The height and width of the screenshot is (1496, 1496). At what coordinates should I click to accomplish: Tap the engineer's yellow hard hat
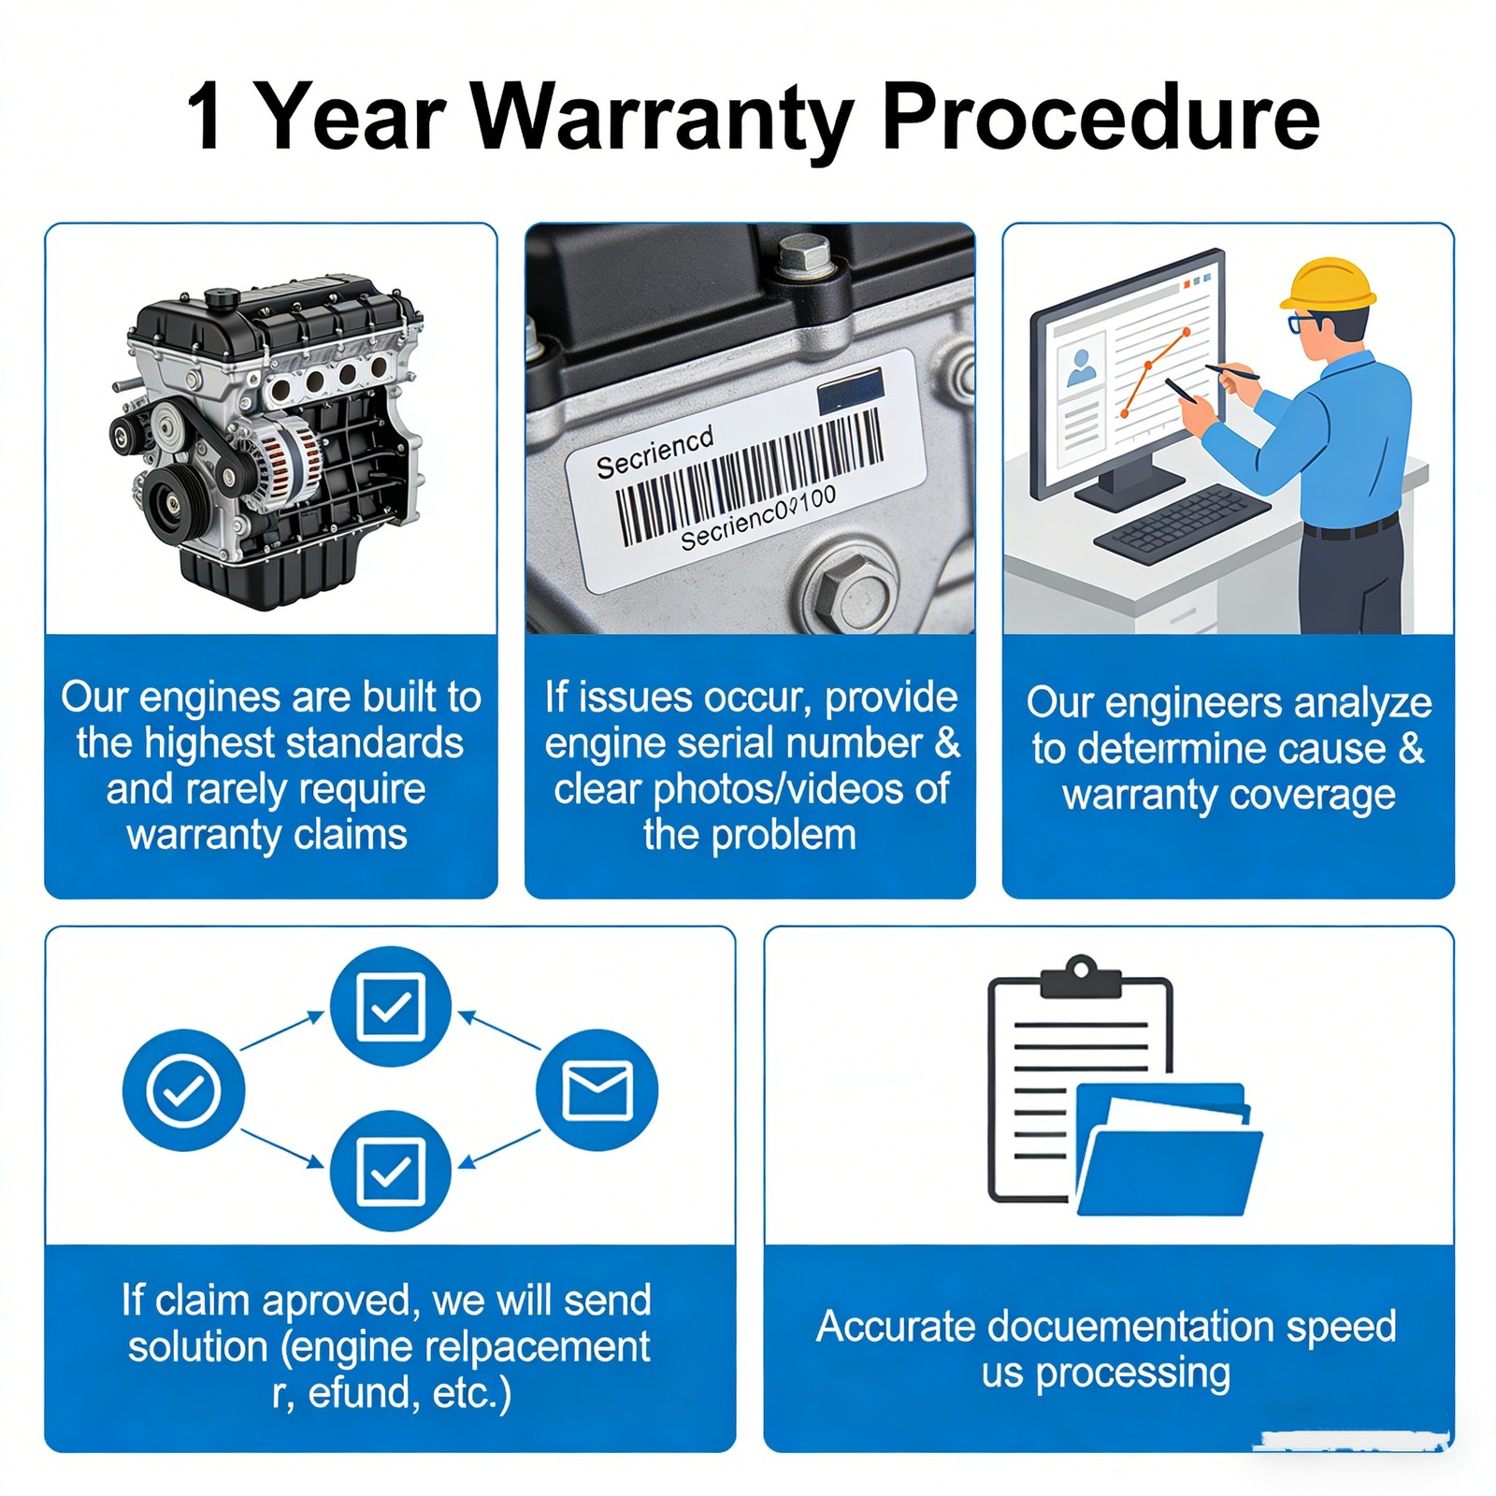click(x=1328, y=284)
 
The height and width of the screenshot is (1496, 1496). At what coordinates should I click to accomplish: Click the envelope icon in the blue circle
click(x=597, y=1090)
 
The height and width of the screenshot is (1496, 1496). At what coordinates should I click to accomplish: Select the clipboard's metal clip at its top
click(x=1081, y=977)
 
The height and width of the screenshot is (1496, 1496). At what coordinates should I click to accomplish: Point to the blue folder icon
click(x=1169, y=1149)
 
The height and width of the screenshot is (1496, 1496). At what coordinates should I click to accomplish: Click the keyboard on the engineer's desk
click(x=1183, y=523)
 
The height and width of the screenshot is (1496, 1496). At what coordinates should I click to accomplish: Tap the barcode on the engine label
click(x=748, y=478)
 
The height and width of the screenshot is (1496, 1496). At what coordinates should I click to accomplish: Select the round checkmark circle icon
click(x=184, y=1090)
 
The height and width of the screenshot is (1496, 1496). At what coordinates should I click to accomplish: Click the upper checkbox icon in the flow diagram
click(x=391, y=1007)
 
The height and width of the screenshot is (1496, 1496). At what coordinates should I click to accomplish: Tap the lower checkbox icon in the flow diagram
click(x=391, y=1171)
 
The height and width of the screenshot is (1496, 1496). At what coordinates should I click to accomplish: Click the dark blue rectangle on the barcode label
click(x=851, y=391)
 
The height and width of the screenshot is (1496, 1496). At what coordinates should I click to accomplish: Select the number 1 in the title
click(x=205, y=117)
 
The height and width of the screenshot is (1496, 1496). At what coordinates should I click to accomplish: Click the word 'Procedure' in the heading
click(x=1100, y=116)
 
